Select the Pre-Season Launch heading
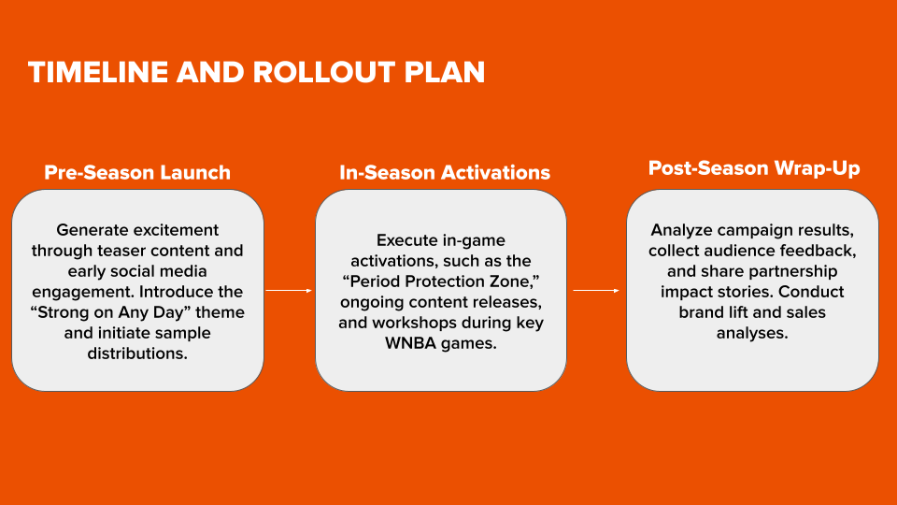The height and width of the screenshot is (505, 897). click(x=137, y=172)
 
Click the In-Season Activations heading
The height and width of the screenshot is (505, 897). click(x=444, y=172)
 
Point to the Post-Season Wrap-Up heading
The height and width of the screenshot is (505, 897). click(x=754, y=168)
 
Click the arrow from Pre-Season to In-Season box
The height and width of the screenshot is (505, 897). click(x=289, y=291)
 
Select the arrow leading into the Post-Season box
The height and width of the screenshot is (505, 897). click(x=596, y=291)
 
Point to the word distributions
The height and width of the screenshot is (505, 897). click(x=137, y=353)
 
